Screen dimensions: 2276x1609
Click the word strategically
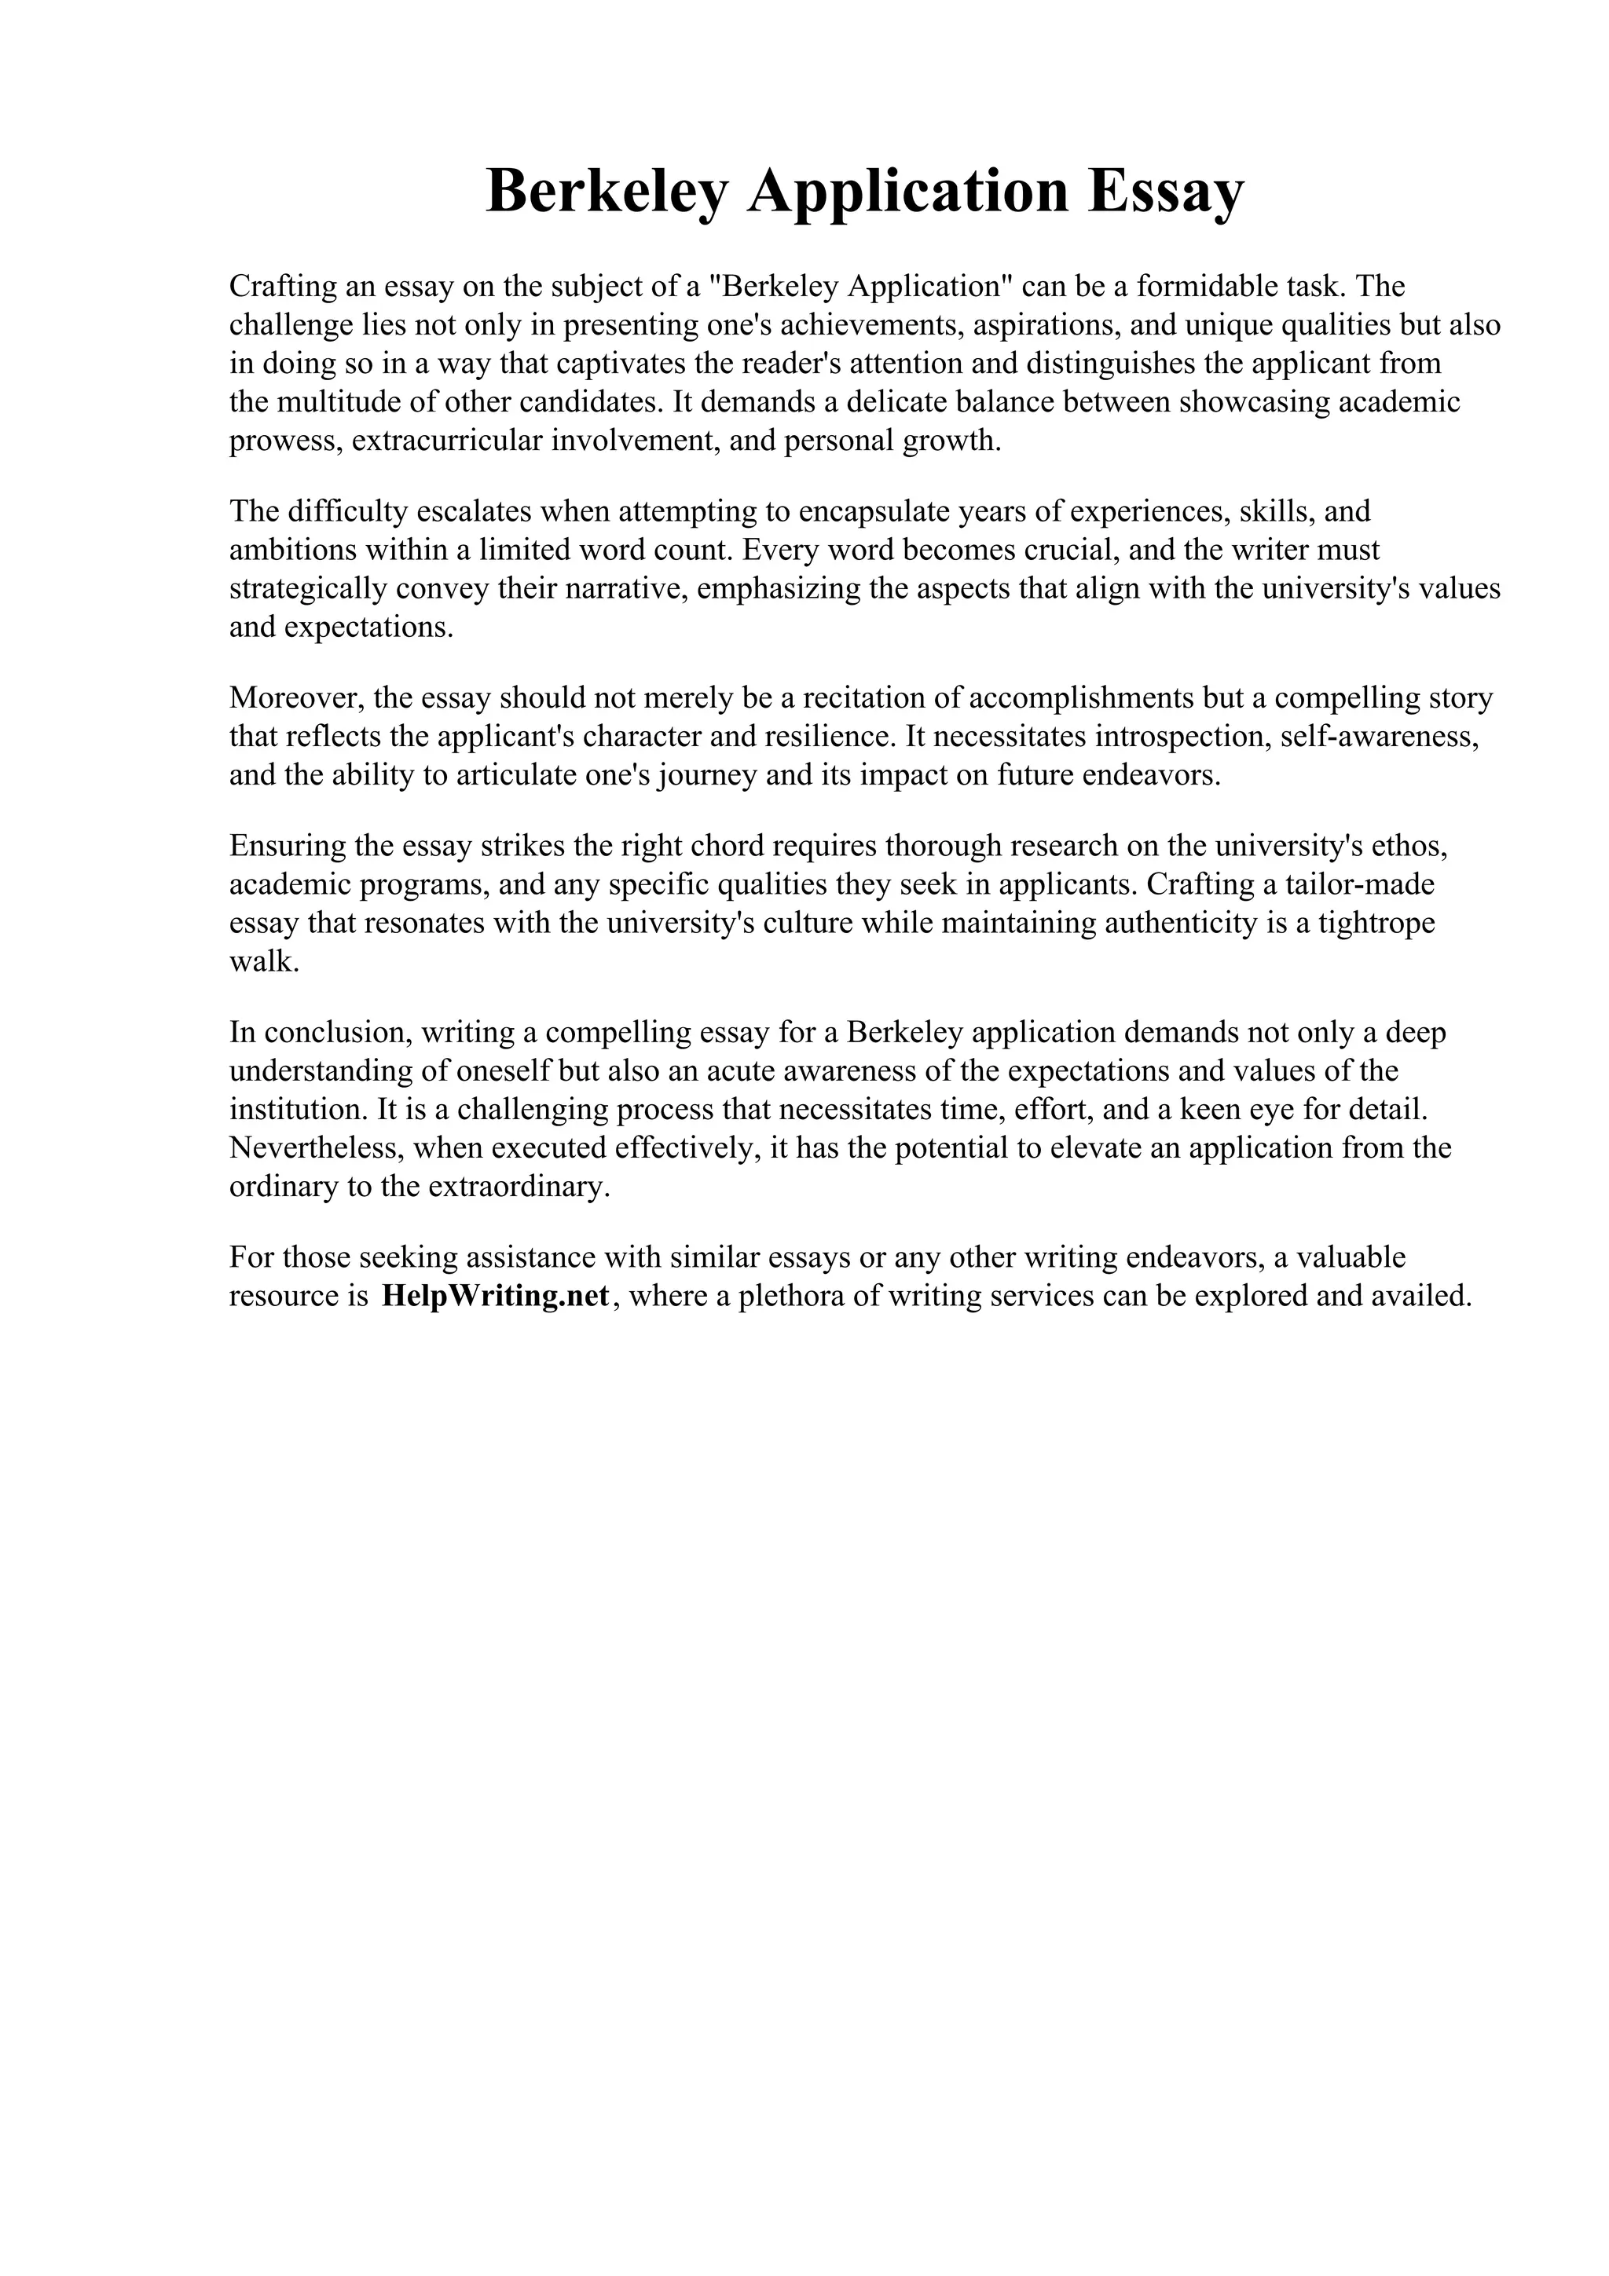point(307,589)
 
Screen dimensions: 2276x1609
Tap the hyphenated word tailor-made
point(1344,884)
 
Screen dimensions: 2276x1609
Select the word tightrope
point(1381,923)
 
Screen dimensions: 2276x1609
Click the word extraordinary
point(518,1187)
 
